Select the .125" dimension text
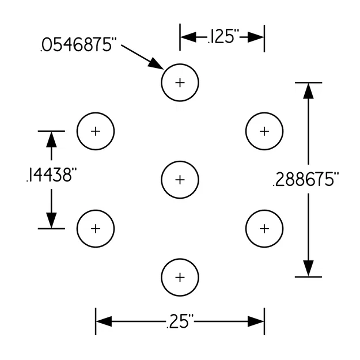tap(222, 38)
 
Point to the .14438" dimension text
tap(51, 176)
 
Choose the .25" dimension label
tap(180, 321)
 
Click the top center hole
tap(180, 82)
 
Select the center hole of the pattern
tap(180, 180)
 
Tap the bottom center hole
tap(180, 278)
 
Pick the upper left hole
tap(96, 131)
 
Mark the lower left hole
tap(96, 229)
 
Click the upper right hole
tap(264, 131)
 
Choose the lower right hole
tap(264, 229)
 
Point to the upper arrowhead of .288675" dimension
tap(309, 90)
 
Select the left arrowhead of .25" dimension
tap(103, 321)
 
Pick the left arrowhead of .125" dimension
tap(188, 38)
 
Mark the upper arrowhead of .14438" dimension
tap(51, 139)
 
